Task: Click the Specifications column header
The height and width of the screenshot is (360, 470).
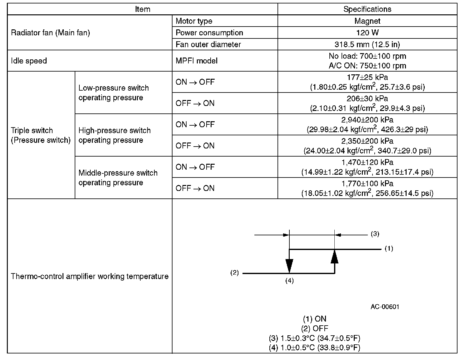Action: (x=367, y=9)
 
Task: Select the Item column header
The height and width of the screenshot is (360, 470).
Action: (x=142, y=9)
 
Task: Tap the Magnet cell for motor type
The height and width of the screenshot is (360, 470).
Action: (x=367, y=21)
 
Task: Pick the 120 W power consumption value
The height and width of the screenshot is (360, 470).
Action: (x=367, y=32)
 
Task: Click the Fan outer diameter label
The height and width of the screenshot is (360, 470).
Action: (x=208, y=44)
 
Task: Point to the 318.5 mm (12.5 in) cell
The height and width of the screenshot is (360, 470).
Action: (x=367, y=44)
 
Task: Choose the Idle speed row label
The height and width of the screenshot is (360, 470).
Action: (x=29, y=61)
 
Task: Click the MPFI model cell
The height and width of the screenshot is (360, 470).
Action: (x=197, y=61)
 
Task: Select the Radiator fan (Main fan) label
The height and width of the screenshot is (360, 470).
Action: (x=50, y=32)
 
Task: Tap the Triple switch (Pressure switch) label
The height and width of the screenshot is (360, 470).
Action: (x=41, y=135)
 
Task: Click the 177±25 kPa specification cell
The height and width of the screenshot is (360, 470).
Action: (x=367, y=82)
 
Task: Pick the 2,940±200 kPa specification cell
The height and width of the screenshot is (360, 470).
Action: (x=367, y=124)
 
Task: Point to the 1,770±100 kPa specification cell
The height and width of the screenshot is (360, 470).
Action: (x=367, y=188)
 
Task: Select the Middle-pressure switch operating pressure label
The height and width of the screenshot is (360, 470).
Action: (x=118, y=177)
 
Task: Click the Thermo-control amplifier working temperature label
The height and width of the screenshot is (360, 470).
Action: (x=90, y=276)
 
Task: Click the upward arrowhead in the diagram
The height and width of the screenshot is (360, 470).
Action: (x=335, y=257)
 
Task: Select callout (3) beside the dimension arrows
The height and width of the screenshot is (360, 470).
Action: (x=375, y=234)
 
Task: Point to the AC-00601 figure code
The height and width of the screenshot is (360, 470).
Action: (x=385, y=307)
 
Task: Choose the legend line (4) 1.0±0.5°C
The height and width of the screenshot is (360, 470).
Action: (x=314, y=347)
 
